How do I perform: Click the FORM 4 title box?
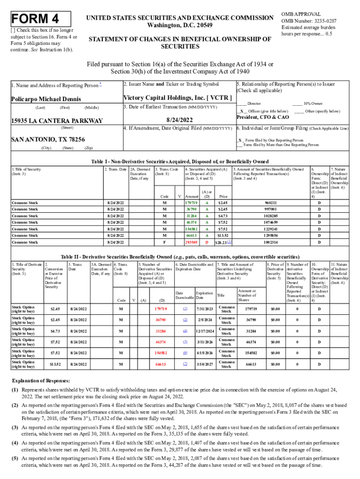point(40,19)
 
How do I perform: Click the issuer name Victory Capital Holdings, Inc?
point(177,98)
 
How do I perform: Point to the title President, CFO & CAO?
point(266,117)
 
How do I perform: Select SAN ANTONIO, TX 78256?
point(48,139)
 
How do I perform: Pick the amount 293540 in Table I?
point(191,243)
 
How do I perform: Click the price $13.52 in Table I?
point(223,236)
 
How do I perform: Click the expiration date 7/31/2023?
point(205,308)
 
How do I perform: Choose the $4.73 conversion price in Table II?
point(55,330)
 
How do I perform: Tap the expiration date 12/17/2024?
point(205,330)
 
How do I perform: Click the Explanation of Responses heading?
point(41,381)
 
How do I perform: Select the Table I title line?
point(179,161)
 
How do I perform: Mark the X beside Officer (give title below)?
point(241,111)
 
